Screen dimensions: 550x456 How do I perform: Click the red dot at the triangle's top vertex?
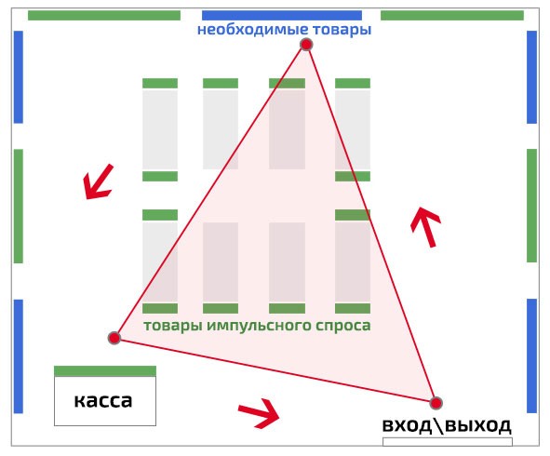(x=306, y=45)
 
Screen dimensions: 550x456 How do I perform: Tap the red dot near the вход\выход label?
(x=436, y=403)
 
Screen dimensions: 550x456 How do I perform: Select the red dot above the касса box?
(x=114, y=338)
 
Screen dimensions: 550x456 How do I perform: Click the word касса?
(x=103, y=400)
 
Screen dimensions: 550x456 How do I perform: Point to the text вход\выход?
(x=447, y=425)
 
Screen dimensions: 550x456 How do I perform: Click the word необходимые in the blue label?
(x=253, y=30)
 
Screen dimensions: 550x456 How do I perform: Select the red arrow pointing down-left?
(x=98, y=181)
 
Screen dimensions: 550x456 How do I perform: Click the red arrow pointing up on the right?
(x=425, y=227)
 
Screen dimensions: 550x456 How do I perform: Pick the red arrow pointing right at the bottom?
(x=259, y=413)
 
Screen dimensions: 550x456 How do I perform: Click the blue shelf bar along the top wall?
(x=282, y=16)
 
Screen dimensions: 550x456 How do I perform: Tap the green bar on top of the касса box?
(x=105, y=371)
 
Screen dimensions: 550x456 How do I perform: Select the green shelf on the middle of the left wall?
(x=19, y=207)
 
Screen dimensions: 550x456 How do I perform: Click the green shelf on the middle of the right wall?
(x=531, y=206)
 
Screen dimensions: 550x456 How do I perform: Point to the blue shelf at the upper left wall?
(x=19, y=77)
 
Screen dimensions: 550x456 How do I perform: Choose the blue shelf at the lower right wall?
(x=531, y=356)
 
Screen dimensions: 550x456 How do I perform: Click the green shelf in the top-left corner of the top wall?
(x=104, y=16)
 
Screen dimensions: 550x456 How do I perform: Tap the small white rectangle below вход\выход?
(x=448, y=442)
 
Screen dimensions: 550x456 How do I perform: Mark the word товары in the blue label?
(x=342, y=30)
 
